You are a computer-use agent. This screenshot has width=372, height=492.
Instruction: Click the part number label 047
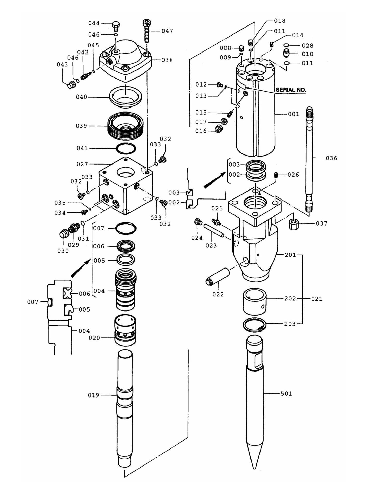point(167,31)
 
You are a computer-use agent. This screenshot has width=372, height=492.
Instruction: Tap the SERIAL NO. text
point(291,90)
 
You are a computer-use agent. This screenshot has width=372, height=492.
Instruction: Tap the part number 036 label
point(331,158)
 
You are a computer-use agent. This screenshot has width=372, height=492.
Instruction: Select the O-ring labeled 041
point(126,148)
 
